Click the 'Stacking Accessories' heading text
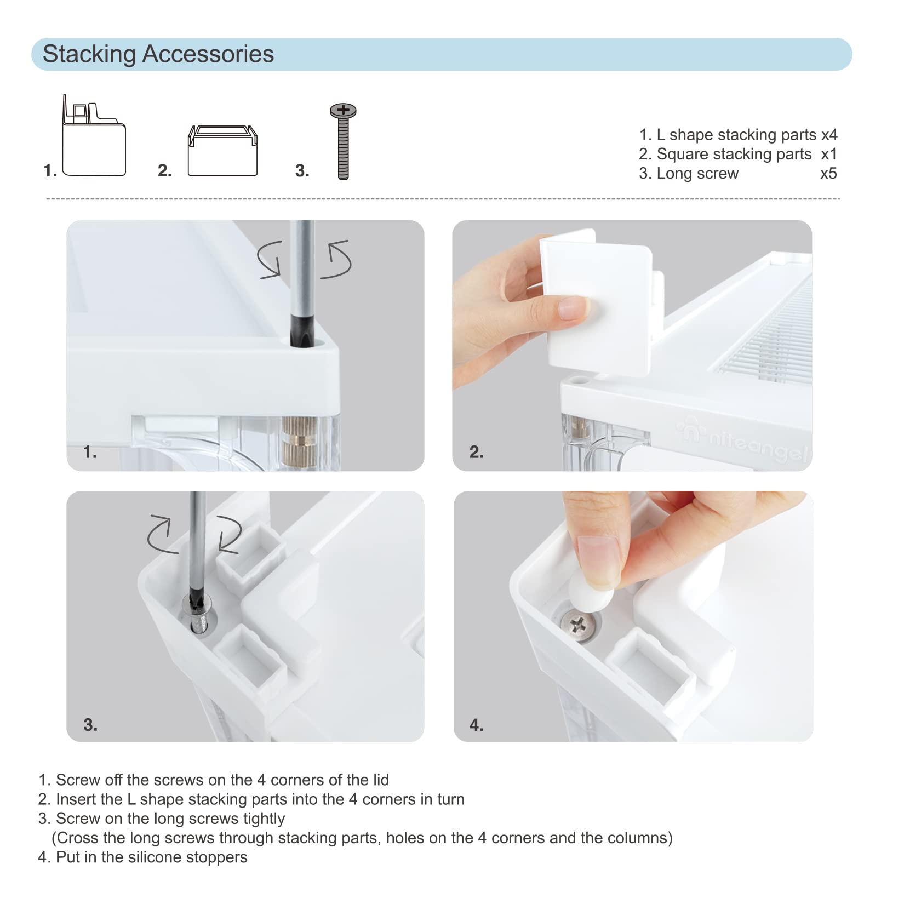pyautogui.click(x=158, y=54)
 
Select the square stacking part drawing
pyautogui.click(x=222, y=151)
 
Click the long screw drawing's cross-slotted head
pyautogui.click(x=343, y=111)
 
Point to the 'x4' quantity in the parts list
pyautogui.click(x=829, y=135)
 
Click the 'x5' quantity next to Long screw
pyautogui.click(x=828, y=174)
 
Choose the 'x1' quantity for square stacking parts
pyautogui.click(x=829, y=155)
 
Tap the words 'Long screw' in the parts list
pyautogui.click(x=697, y=174)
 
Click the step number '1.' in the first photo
pyautogui.click(x=90, y=452)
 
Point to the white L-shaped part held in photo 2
pyautogui.click(x=601, y=302)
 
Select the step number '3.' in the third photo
pyautogui.click(x=90, y=725)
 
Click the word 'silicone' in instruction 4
pyautogui.click(x=157, y=857)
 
